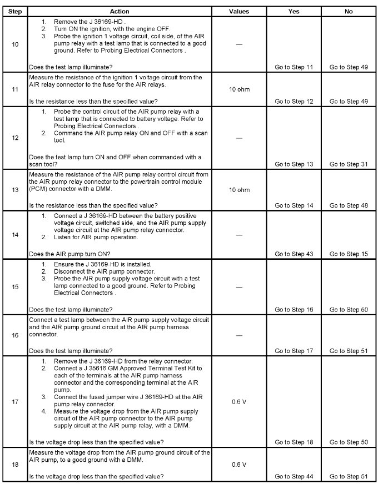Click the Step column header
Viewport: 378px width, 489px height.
coord(15,11)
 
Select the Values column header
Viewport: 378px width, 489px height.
coord(238,11)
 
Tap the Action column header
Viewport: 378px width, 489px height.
coord(120,11)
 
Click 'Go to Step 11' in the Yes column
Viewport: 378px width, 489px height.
coord(294,67)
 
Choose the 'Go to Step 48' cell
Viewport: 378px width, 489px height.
coord(349,205)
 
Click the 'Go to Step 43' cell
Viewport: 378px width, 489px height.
coord(294,254)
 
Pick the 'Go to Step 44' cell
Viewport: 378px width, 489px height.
coord(294,477)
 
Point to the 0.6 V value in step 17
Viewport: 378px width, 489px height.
coord(238,401)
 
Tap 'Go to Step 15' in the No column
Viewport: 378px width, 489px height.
coord(349,254)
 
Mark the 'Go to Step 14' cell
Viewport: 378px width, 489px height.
coord(294,205)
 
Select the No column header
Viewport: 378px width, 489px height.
coord(349,11)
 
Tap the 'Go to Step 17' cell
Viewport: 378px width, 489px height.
coord(294,351)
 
